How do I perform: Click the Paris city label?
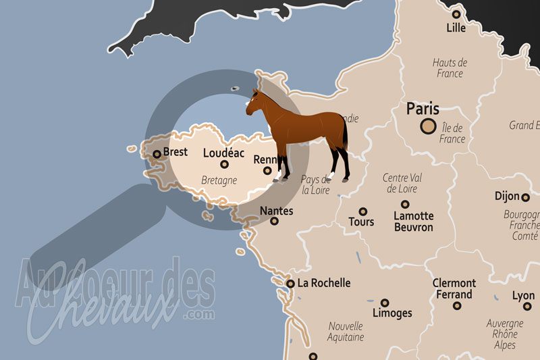(x=423, y=109)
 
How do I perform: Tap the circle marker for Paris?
(x=427, y=126)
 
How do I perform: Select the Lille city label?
(x=456, y=28)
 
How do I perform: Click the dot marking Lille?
(x=456, y=14)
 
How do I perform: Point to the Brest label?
(x=175, y=152)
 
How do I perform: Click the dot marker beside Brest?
(x=157, y=154)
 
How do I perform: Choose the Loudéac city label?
(x=224, y=153)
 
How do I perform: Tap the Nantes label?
(x=277, y=211)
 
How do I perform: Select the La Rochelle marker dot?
(x=290, y=284)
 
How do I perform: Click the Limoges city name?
(x=392, y=313)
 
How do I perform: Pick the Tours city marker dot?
(x=363, y=211)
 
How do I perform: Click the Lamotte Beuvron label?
(x=413, y=222)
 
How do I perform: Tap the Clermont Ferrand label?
(x=454, y=289)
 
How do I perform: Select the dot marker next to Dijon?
(x=525, y=197)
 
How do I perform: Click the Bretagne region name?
(x=219, y=180)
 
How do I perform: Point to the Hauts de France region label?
(x=450, y=68)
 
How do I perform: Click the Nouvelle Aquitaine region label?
(x=346, y=331)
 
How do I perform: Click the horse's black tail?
(x=346, y=135)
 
